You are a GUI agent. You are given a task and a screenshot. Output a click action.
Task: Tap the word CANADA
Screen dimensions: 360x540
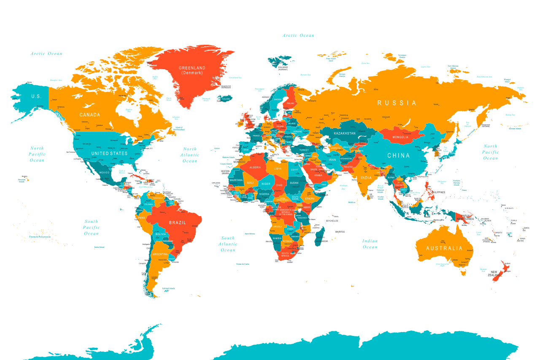coord(90,115)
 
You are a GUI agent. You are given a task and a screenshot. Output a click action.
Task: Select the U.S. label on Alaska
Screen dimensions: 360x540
coord(36,96)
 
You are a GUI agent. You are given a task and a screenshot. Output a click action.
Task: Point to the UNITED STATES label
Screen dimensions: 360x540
coord(109,153)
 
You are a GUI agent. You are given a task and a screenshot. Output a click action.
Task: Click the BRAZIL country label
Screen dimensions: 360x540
coord(177,222)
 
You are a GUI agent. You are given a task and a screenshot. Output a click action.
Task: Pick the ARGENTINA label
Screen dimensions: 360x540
coord(160,254)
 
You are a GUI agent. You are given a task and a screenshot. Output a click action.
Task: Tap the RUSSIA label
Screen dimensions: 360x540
coord(397,103)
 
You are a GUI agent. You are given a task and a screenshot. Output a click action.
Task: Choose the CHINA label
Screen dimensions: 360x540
coord(399,155)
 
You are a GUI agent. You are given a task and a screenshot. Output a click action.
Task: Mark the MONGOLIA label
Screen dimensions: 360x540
coord(400,137)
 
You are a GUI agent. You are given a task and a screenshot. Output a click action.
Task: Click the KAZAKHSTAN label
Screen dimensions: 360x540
coord(345,133)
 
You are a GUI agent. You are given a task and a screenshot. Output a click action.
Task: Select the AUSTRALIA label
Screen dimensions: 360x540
coord(444,248)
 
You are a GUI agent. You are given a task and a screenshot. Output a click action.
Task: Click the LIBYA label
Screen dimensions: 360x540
coord(278,169)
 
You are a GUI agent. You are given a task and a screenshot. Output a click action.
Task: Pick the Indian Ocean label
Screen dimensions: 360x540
coord(370,244)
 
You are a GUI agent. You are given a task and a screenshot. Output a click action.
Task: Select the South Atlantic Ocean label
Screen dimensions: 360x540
coord(228,244)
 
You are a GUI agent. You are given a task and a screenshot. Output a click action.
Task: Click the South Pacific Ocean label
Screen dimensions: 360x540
coord(91,227)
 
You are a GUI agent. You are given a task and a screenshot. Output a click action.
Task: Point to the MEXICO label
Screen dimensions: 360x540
coord(104,173)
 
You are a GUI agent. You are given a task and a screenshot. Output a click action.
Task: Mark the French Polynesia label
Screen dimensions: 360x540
coord(40,237)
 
